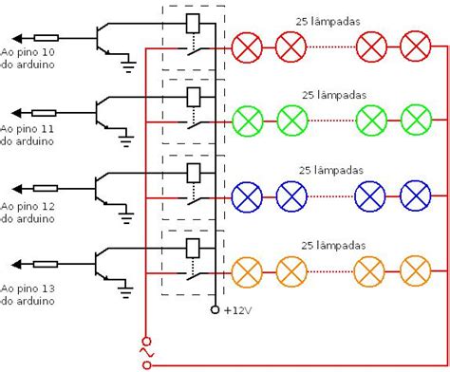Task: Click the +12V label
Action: (238, 310)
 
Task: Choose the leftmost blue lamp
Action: (247, 195)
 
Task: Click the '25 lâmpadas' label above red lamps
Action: (332, 19)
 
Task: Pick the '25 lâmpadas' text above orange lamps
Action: (332, 244)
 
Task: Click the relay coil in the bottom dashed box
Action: (193, 248)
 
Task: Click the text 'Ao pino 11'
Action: (28, 126)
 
